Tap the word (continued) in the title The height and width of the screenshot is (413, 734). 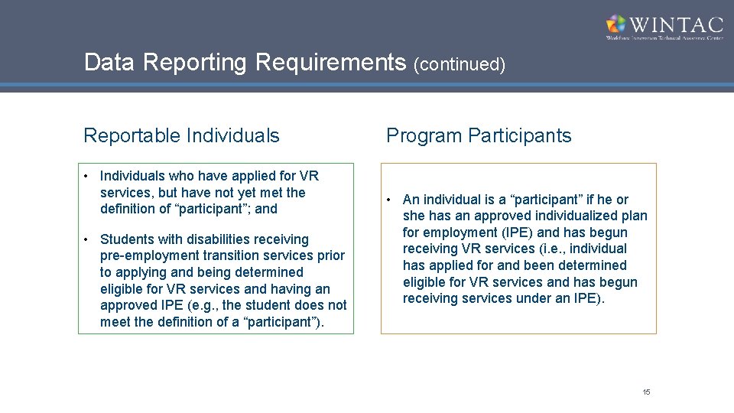(x=460, y=64)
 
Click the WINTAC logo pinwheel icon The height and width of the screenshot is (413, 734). (x=615, y=24)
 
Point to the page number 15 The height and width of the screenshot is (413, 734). (x=646, y=392)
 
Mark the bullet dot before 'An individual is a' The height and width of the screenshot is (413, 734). (x=389, y=200)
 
